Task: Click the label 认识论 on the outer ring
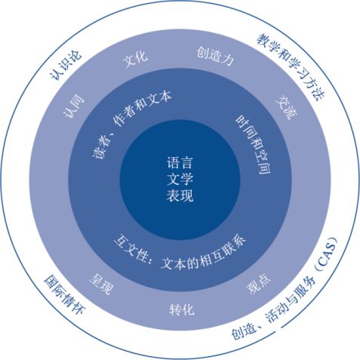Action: click(66, 65)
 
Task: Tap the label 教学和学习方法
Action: click(291, 66)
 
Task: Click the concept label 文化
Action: click(135, 60)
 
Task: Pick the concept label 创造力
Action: click(215, 56)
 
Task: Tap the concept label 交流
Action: click(287, 108)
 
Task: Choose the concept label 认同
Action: click(74, 106)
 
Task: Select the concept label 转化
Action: click(182, 309)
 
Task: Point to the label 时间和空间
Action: click(254, 145)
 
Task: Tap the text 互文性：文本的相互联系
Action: click(180, 254)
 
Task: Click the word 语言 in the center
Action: click(180, 163)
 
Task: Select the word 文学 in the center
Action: click(180, 179)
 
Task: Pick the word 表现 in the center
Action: click(180, 195)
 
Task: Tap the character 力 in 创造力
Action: click(228, 59)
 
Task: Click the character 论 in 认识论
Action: click(75, 56)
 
